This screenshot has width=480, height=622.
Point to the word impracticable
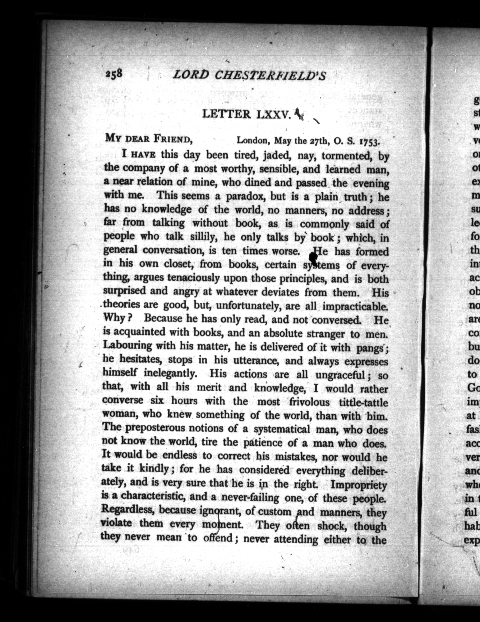[x=355, y=306]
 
